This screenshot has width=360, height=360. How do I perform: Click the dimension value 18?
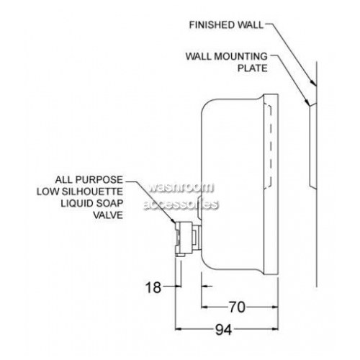(x=153, y=287)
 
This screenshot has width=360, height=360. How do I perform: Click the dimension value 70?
(x=237, y=307)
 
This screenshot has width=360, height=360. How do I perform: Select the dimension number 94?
(x=223, y=329)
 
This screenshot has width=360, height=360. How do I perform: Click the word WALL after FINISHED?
(x=251, y=25)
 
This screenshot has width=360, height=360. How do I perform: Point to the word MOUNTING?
(x=240, y=56)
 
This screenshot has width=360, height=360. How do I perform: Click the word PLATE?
(x=253, y=68)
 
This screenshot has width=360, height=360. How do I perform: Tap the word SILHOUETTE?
(x=92, y=192)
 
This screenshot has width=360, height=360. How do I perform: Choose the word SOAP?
(x=109, y=203)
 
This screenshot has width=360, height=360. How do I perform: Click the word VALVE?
(x=108, y=215)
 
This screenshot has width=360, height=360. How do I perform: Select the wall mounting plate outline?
(x=310, y=145)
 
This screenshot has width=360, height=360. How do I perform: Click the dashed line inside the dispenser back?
(x=271, y=146)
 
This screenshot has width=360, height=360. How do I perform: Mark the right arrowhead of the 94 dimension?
(x=275, y=329)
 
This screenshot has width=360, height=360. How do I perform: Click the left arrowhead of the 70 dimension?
(x=204, y=307)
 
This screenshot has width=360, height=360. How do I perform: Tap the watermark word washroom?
(x=181, y=187)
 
